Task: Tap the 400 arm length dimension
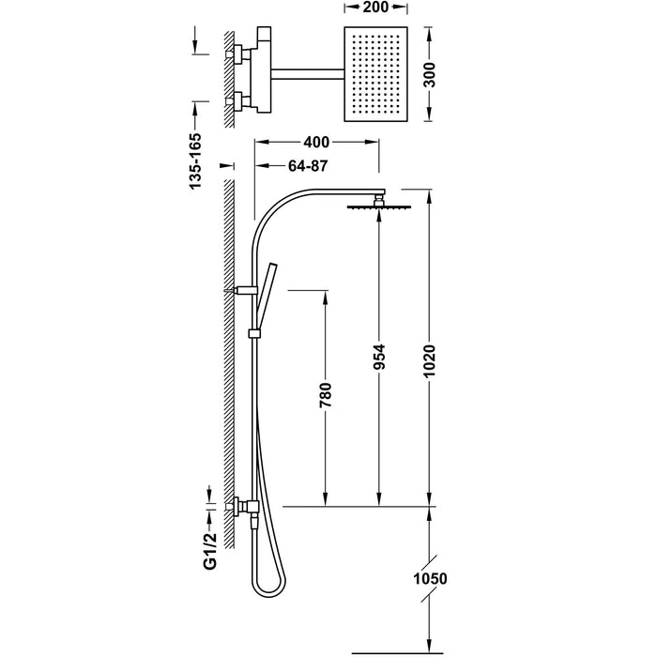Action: click(x=316, y=143)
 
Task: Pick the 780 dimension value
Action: click(x=326, y=395)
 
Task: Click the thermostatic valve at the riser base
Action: click(x=247, y=506)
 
